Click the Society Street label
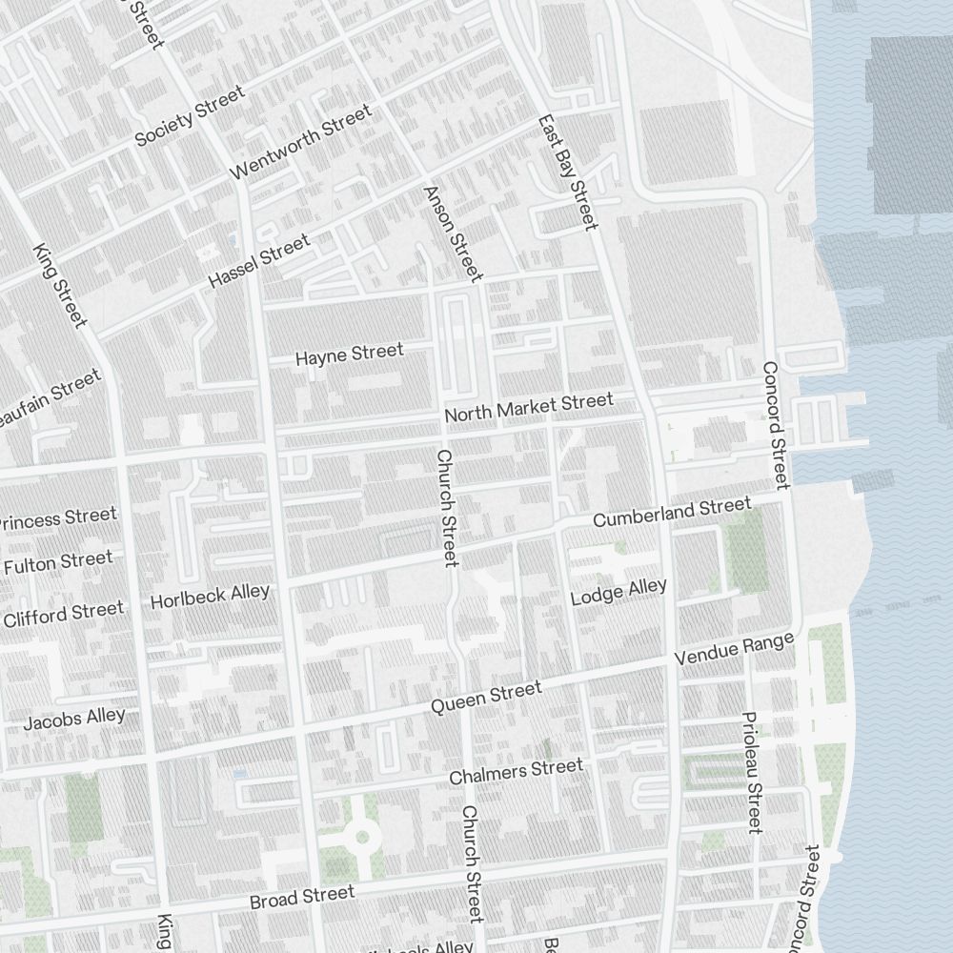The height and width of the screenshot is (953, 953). [x=189, y=115]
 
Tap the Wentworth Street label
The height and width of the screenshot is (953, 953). [x=301, y=142]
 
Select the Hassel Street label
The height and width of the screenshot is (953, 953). [x=259, y=262]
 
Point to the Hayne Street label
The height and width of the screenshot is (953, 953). [x=350, y=355]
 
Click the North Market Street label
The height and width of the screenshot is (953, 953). [x=529, y=408]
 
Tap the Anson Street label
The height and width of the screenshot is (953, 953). [x=453, y=233]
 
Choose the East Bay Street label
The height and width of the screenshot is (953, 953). [x=568, y=172]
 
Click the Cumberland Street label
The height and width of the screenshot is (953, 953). [x=672, y=513]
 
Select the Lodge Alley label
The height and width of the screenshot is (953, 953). [x=618, y=592]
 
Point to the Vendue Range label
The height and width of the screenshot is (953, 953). [x=734, y=650]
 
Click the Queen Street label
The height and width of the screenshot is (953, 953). [x=486, y=698]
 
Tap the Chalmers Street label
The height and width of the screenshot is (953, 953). [x=516, y=772]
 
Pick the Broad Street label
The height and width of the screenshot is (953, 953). [x=301, y=897]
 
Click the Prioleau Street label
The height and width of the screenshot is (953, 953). [x=752, y=772]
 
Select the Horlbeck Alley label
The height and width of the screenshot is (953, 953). [x=210, y=597]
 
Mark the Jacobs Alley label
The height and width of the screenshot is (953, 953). [x=74, y=719]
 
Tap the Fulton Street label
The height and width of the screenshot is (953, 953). [x=58, y=562]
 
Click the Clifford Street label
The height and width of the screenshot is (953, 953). [x=63, y=614]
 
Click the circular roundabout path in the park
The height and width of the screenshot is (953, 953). [x=361, y=839]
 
